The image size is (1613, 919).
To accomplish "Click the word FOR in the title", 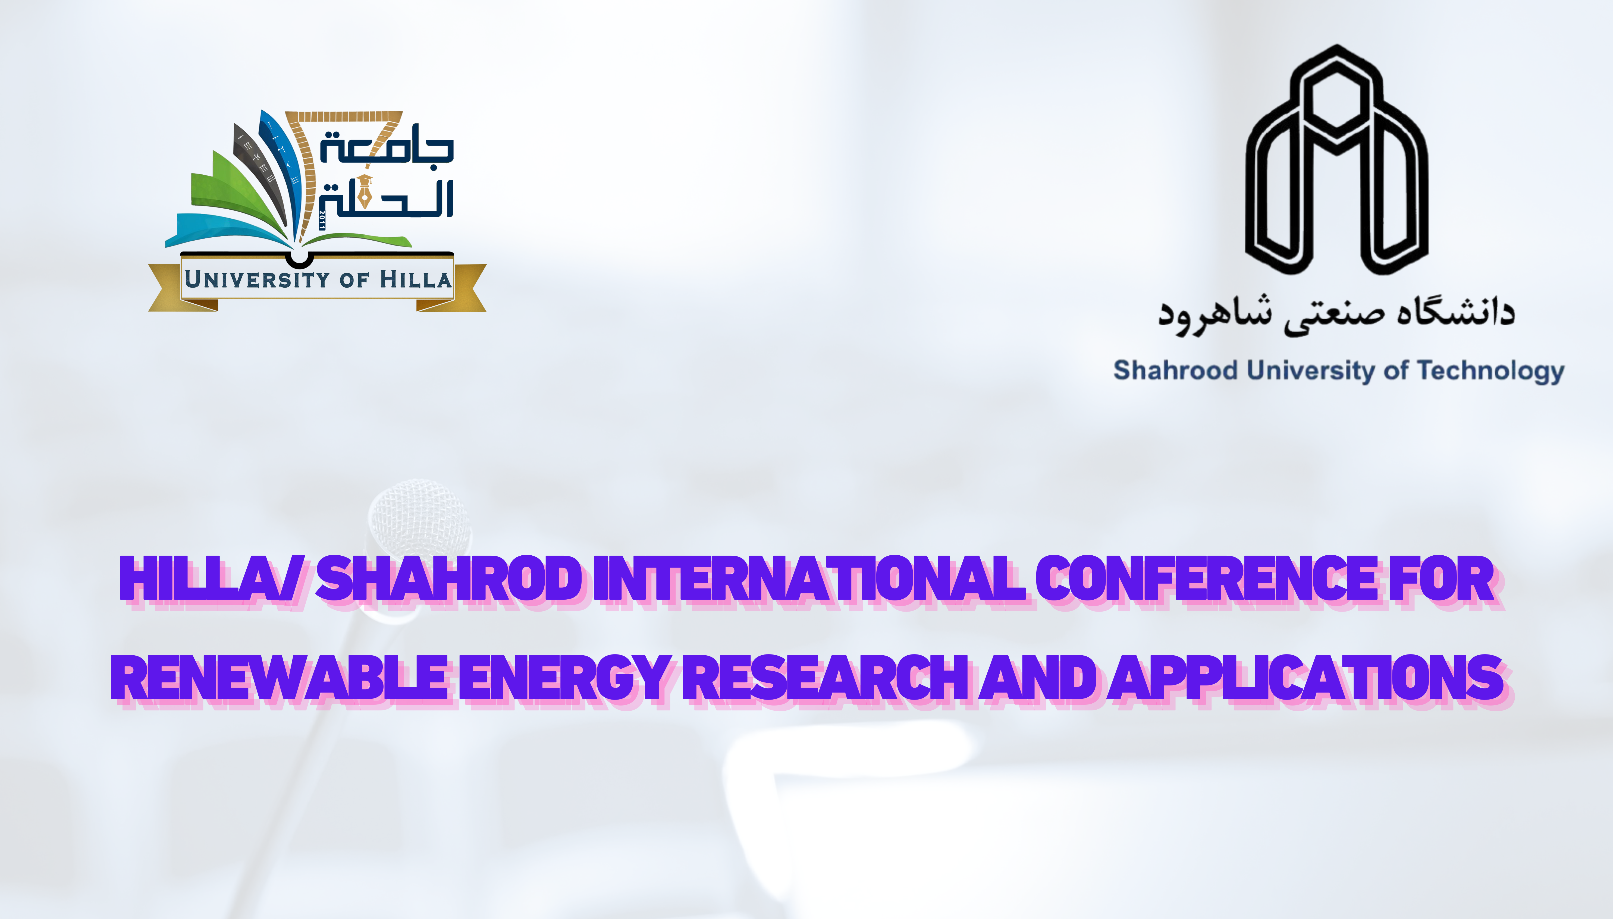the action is click(1441, 579).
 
